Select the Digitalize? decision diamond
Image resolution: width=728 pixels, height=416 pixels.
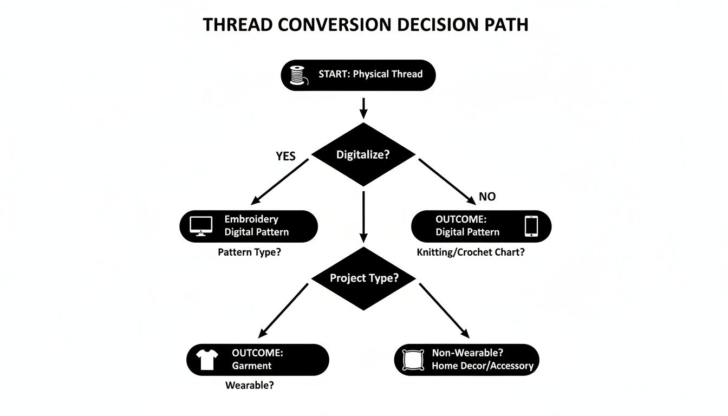363,154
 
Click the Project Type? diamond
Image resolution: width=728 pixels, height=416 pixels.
363,278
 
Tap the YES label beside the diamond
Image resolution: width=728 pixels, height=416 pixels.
285,157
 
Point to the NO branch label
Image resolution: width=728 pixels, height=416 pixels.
487,197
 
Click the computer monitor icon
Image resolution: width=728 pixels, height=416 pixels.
201,226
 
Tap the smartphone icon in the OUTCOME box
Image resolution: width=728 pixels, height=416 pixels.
531,226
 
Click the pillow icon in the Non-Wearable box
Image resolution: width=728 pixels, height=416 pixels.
413,360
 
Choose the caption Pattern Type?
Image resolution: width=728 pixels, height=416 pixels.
249,252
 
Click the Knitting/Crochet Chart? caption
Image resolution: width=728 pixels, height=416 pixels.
470,252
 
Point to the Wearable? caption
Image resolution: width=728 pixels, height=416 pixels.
249,386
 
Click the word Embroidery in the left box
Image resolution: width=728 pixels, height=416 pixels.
251,219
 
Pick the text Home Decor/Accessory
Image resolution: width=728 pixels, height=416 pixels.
482,366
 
